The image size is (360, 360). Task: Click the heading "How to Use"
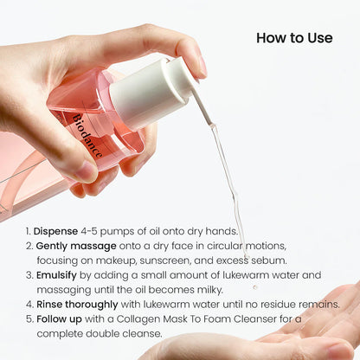point(295,38)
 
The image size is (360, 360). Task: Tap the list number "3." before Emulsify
point(27,275)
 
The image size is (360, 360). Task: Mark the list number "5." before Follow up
point(27,318)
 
